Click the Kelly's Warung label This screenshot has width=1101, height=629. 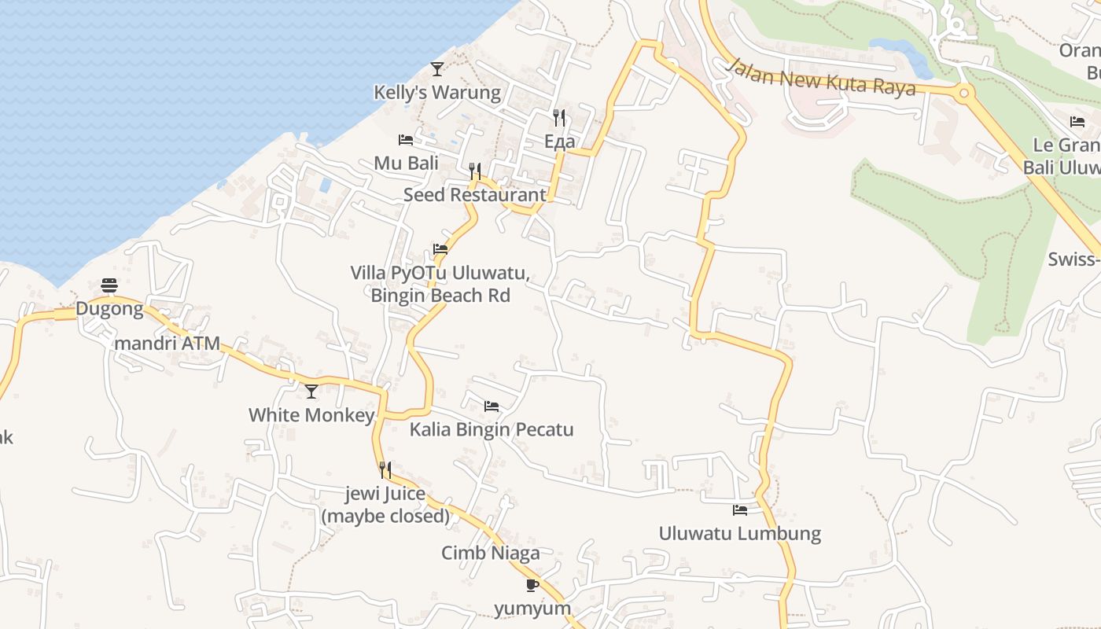pyautogui.click(x=436, y=93)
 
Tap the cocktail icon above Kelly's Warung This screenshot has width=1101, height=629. pyautogui.click(x=437, y=69)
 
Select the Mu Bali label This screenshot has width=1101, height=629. pyautogui.click(x=406, y=164)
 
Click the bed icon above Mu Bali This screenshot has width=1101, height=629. pyautogui.click(x=406, y=140)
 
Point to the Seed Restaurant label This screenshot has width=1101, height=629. pyautogui.click(x=474, y=195)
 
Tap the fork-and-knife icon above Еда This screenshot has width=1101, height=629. pyautogui.click(x=559, y=118)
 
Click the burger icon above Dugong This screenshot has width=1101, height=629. pyautogui.click(x=109, y=285)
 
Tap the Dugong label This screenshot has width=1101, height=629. pyautogui.click(x=109, y=309)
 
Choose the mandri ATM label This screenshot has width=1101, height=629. pyautogui.click(x=168, y=344)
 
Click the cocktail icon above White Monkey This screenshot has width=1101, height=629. pyautogui.click(x=311, y=391)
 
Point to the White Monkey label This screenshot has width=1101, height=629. pyautogui.click(x=311, y=415)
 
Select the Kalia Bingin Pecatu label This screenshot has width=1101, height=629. pyautogui.click(x=492, y=430)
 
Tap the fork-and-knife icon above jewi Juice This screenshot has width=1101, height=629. pyautogui.click(x=385, y=470)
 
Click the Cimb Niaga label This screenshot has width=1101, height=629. pyautogui.click(x=491, y=553)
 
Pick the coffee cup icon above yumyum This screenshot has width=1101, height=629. pyautogui.click(x=532, y=585)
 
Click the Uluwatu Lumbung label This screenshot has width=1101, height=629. pyautogui.click(x=740, y=534)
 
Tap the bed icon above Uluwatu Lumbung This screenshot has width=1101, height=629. pyautogui.click(x=740, y=510)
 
